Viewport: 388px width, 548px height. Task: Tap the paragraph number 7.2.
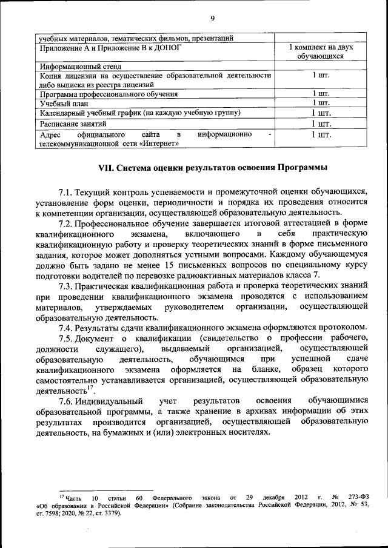65,223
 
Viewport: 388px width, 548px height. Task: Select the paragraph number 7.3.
65,284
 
